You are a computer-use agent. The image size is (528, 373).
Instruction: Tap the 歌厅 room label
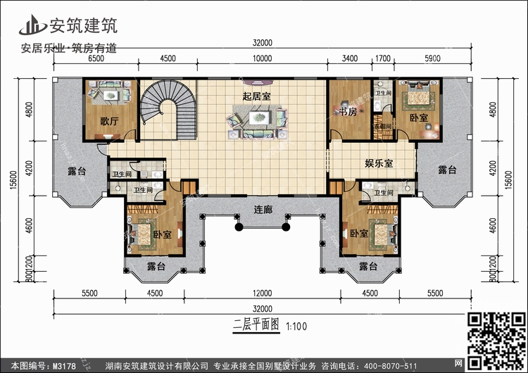108,120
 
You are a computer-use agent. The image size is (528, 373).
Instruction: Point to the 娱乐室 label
378,163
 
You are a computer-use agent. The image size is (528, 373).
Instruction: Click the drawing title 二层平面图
256,326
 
